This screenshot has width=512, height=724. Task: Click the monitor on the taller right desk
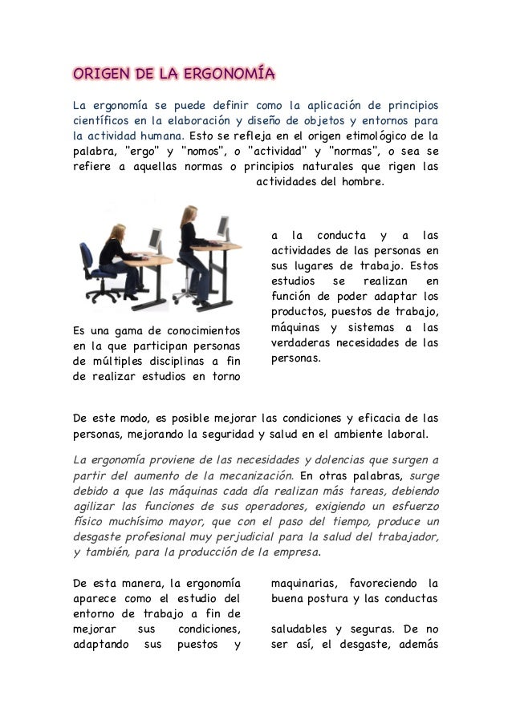pos(222,229)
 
